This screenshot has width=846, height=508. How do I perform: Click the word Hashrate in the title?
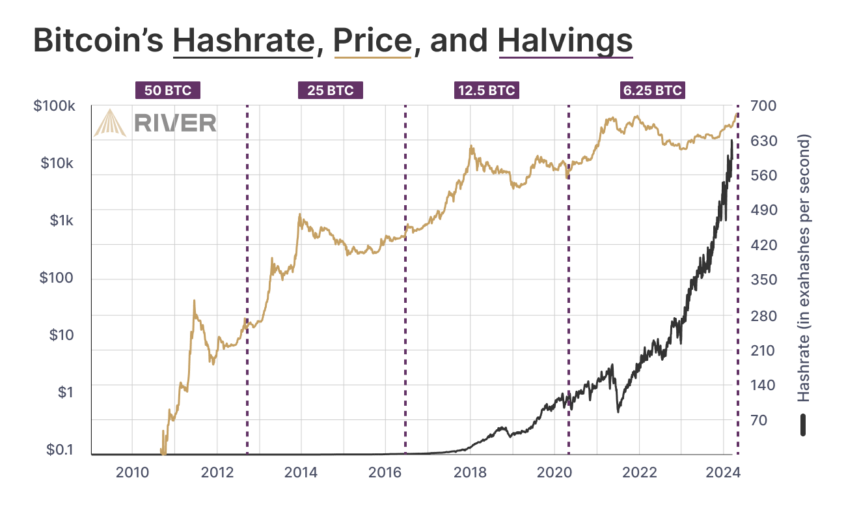pyautogui.click(x=243, y=41)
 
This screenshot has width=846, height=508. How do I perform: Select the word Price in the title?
pyautogui.click(x=372, y=41)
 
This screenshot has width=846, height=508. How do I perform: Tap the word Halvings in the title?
pyautogui.click(x=566, y=41)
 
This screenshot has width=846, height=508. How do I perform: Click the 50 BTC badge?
pyautogui.click(x=168, y=91)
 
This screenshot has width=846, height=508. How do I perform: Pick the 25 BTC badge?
pyautogui.click(x=330, y=91)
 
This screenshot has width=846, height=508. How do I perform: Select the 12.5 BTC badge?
pyautogui.click(x=487, y=91)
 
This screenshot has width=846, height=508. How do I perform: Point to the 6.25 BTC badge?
pyautogui.click(x=653, y=91)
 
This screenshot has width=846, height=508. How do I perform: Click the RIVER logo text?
pyautogui.click(x=175, y=122)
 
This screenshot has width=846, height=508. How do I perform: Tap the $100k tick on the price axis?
pyautogui.click(x=53, y=106)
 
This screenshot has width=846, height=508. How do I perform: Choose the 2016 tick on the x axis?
pyautogui.click(x=385, y=472)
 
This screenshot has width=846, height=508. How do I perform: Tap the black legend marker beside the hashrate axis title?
pyautogui.click(x=804, y=425)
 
